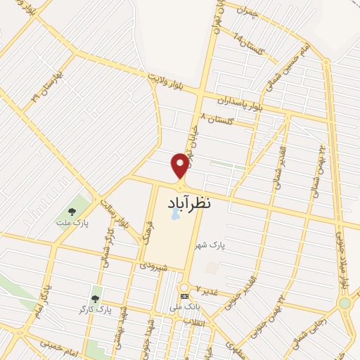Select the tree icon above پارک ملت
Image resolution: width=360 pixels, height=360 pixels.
(71, 210)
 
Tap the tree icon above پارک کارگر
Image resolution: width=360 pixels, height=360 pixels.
(96, 299)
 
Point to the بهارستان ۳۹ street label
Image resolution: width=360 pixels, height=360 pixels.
(44, 87)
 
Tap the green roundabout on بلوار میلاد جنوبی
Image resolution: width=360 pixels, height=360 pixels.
(345, 304)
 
